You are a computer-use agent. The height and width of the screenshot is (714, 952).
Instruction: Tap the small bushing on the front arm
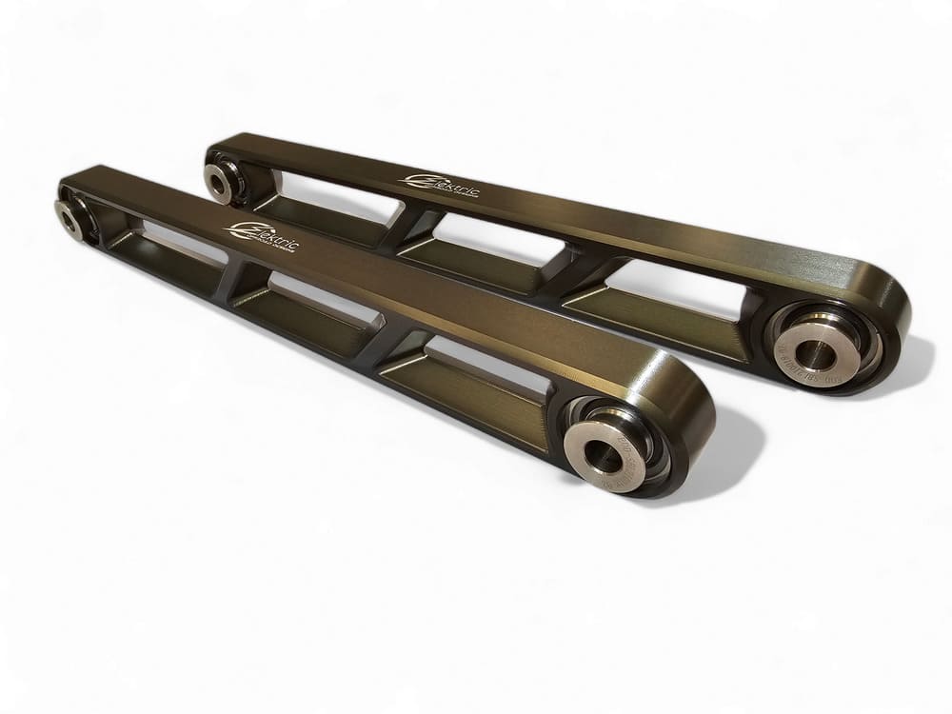(69, 216)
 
